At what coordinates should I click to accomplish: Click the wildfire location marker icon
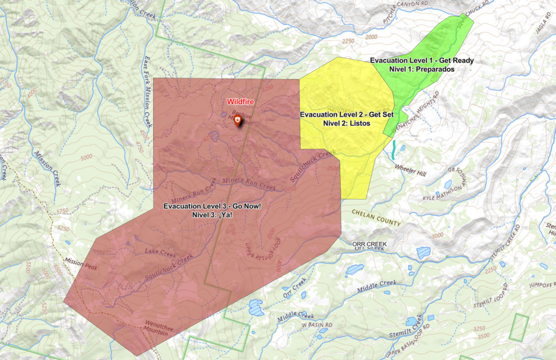coord(237,121)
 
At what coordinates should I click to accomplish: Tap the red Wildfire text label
coord(240,102)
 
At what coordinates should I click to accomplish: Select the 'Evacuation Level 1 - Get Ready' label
coord(422,60)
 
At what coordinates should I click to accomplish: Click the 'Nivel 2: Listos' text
coord(346,124)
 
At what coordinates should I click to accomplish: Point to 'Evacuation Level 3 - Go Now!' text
coord(212,206)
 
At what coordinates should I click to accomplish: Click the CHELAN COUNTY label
coord(376,218)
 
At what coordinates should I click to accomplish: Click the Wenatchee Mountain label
coord(155,329)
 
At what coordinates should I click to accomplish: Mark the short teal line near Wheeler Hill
coord(395,149)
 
